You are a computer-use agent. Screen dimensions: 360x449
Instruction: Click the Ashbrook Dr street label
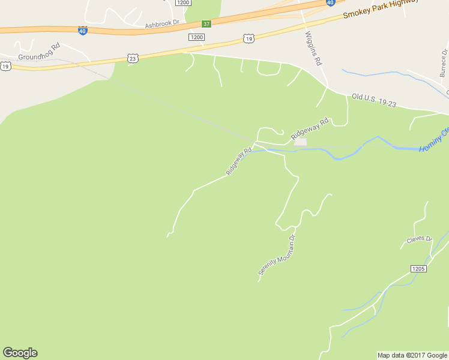(x=162, y=23)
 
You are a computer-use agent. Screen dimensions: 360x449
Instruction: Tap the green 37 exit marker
(x=206, y=24)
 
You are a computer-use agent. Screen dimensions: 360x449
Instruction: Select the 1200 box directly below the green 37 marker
(x=196, y=37)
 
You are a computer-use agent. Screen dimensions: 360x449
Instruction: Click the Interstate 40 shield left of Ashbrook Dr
(x=82, y=29)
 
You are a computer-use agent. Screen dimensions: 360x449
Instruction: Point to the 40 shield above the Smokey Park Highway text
(x=331, y=2)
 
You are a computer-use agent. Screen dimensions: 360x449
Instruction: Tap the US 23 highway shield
(x=133, y=58)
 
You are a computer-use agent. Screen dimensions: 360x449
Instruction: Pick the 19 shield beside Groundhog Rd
(x=5, y=66)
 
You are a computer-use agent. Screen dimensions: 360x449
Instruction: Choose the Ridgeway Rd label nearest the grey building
(x=310, y=129)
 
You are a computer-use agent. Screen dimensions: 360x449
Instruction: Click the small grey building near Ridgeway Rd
(x=300, y=142)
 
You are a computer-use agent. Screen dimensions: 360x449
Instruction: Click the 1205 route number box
(x=419, y=268)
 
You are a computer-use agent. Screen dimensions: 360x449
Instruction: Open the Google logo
(x=20, y=353)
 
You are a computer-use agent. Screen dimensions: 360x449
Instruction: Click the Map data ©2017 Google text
(x=411, y=355)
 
